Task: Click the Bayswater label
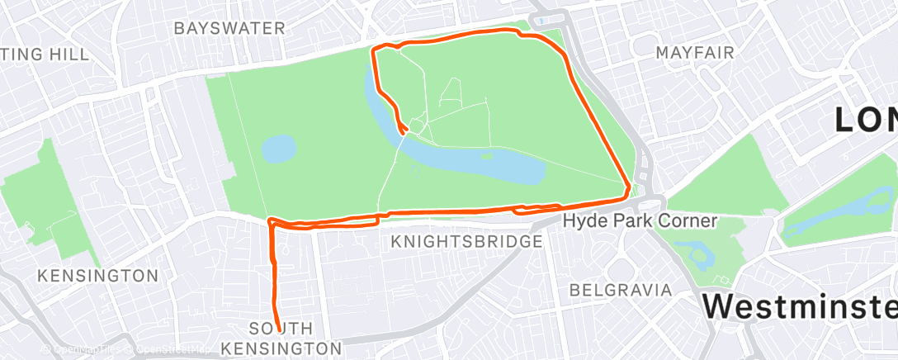[x=229, y=28]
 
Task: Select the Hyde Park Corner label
[x=640, y=221]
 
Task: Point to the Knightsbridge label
[x=467, y=242]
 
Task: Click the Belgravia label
[x=621, y=290]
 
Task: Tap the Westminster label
[x=799, y=306]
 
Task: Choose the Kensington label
[x=97, y=275]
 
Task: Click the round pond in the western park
[x=279, y=149]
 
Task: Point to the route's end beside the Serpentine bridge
[x=405, y=130]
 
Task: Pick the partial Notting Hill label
[x=45, y=54]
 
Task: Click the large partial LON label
[x=865, y=120]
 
